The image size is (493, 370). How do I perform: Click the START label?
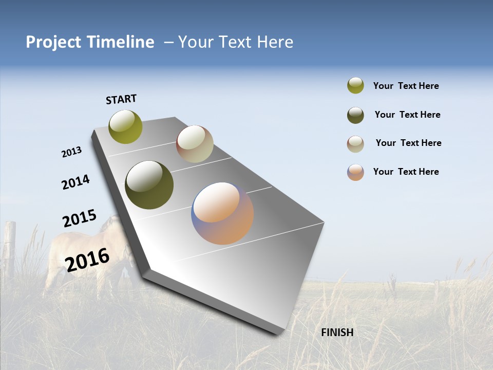121,99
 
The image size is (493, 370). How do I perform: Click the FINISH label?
337,332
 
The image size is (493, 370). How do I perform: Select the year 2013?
71,152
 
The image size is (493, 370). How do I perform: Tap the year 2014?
75,182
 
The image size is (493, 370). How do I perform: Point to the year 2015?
79,218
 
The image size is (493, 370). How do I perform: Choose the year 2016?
87,260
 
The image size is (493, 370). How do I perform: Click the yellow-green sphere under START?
125,126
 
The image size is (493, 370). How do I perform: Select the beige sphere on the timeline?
195,144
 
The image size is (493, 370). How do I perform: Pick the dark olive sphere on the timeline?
149,185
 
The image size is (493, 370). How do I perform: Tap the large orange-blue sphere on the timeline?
222,213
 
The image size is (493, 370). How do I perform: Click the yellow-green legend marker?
355,86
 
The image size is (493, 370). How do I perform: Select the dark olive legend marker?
355,115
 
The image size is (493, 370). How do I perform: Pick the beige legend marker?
355,144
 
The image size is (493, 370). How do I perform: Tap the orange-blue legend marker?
355,172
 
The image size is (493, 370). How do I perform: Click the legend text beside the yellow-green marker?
406,86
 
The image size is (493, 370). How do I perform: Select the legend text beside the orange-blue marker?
406,172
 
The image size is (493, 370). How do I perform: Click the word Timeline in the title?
121,42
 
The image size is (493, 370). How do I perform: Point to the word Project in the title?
53,42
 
